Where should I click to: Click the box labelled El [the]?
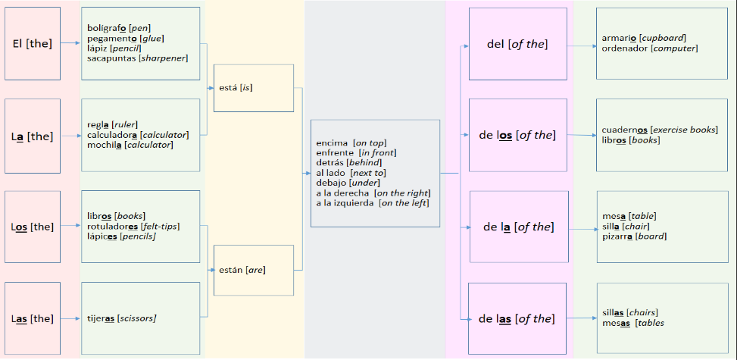tap(33, 43)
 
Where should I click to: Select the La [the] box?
tap(33, 136)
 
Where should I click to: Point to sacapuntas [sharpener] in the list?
tap(137, 58)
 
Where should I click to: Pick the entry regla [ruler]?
tap(112, 124)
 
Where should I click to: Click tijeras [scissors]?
tap(121, 318)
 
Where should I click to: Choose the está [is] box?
tap(254, 88)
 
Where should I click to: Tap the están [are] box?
tap(254, 269)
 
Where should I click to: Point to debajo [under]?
tap(348, 183)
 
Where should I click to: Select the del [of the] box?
tap(517, 44)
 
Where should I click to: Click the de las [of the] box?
tap(517, 318)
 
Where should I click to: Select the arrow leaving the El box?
tap(70, 43)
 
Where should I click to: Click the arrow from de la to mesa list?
tap(582, 227)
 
